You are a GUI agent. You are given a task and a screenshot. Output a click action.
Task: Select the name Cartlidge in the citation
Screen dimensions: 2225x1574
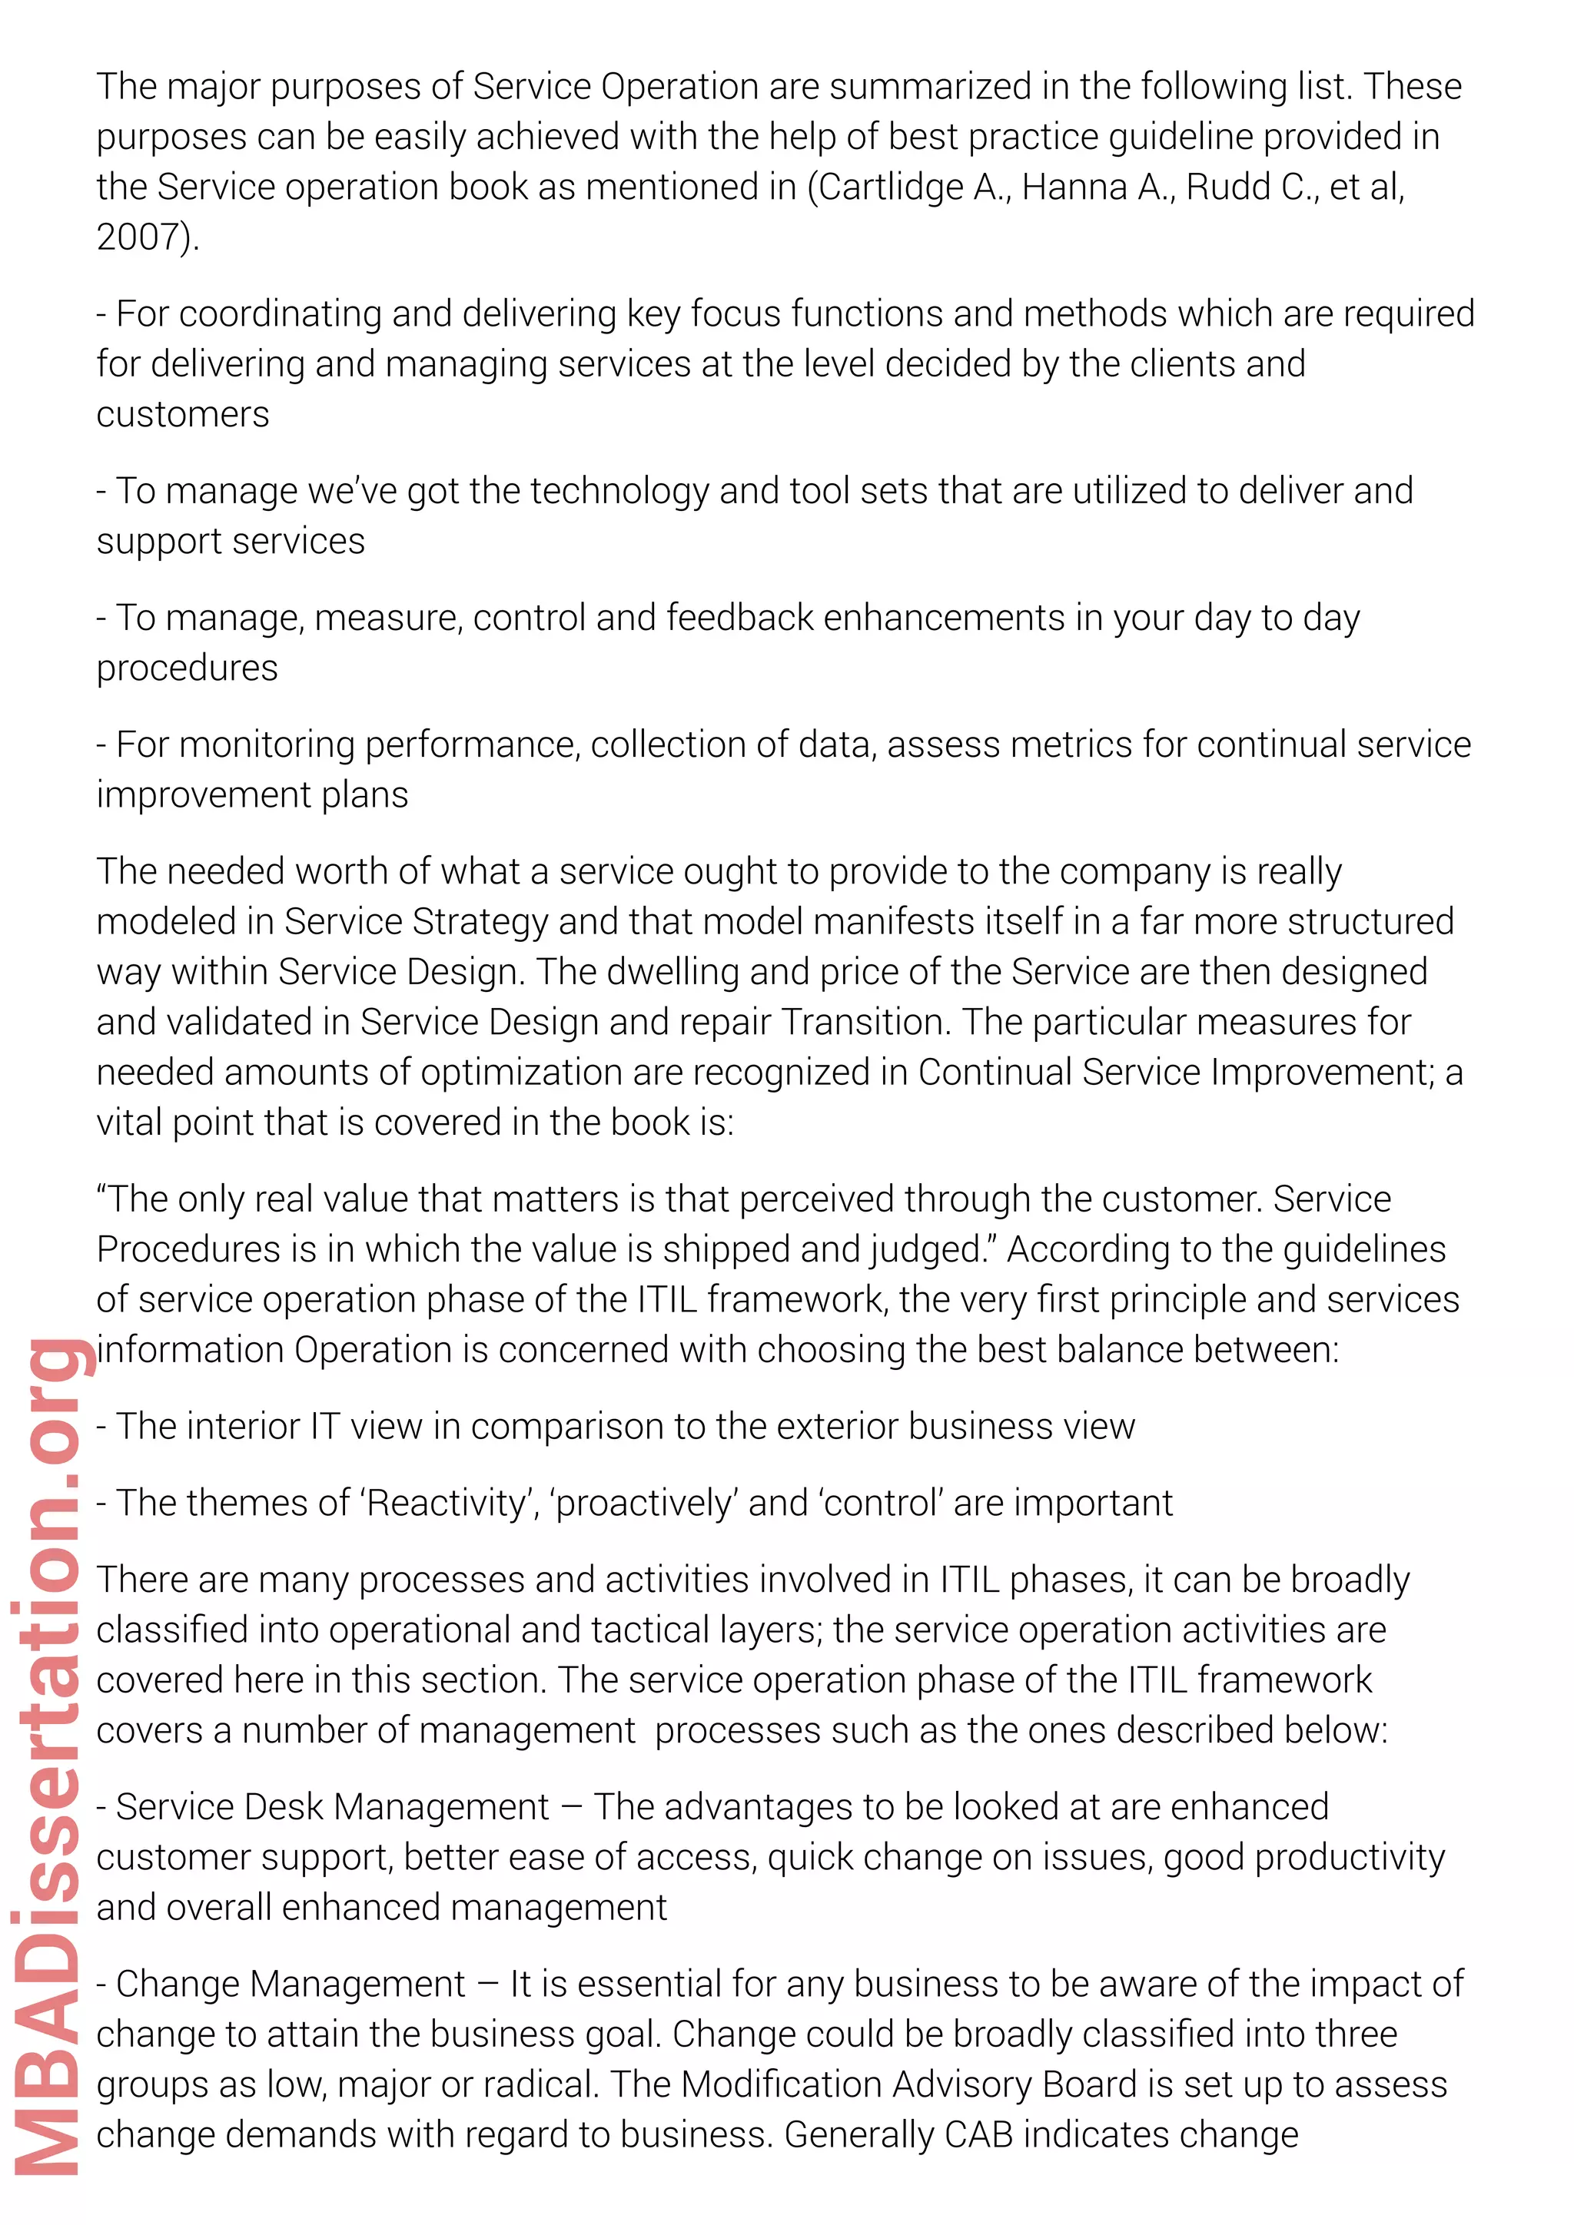[891, 187]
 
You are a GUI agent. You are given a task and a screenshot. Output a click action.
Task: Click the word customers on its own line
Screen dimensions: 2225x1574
[182, 415]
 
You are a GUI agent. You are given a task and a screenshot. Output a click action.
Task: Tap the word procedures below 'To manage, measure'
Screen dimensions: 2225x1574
[187, 668]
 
